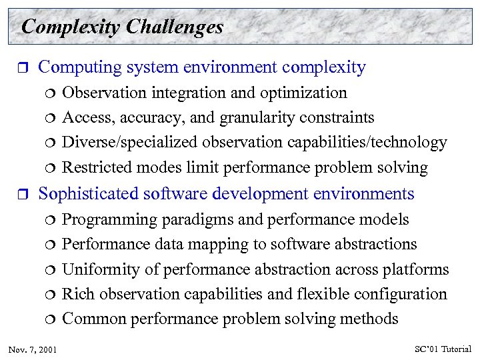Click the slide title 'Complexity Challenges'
(122, 27)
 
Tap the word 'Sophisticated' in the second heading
(89, 194)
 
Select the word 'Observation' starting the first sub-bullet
(100, 93)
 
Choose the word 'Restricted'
(93, 167)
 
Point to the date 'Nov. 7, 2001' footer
(33, 349)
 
